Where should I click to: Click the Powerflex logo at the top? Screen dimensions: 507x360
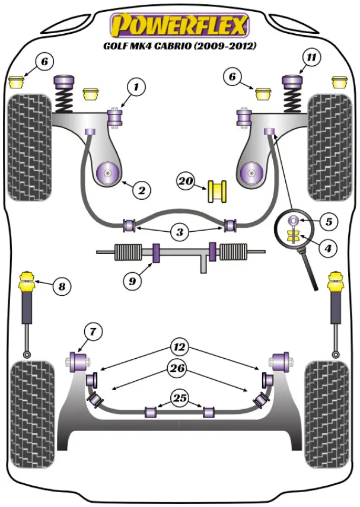[180, 25]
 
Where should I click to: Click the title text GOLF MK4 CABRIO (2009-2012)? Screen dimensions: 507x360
[180, 46]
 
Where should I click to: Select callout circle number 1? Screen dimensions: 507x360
[136, 88]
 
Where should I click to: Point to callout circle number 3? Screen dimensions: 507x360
[180, 232]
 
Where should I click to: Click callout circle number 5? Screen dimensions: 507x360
[328, 222]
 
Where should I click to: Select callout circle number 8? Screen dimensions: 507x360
[60, 288]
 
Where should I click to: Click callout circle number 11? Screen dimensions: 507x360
[311, 58]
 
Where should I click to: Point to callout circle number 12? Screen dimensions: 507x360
[179, 345]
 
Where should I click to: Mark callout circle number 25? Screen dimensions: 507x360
[179, 397]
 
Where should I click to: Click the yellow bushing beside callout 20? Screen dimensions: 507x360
[218, 191]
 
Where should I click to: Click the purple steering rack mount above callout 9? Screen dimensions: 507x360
[157, 252]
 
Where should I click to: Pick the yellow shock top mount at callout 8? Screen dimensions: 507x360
[27, 281]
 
